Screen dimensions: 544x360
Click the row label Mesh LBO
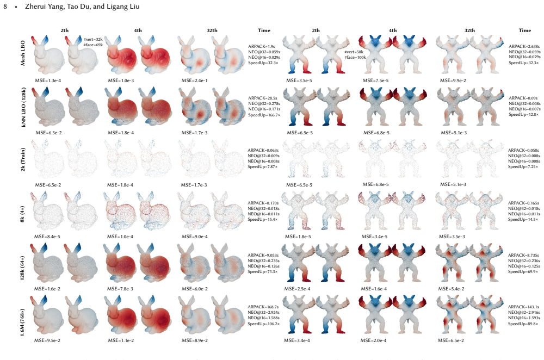point(22,53)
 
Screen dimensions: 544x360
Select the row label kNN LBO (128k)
point(23,107)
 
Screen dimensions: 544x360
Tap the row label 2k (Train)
point(22,159)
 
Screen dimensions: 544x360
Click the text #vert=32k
point(93,40)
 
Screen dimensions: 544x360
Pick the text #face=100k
point(355,57)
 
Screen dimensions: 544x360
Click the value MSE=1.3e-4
point(48,80)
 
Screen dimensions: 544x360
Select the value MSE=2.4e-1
point(195,80)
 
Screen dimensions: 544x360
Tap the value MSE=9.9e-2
point(453,80)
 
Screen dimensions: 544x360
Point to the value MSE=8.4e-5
point(47,237)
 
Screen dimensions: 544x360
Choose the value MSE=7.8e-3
point(120,289)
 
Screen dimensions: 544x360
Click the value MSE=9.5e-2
point(47,340)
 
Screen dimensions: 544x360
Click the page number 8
point(5,7)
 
